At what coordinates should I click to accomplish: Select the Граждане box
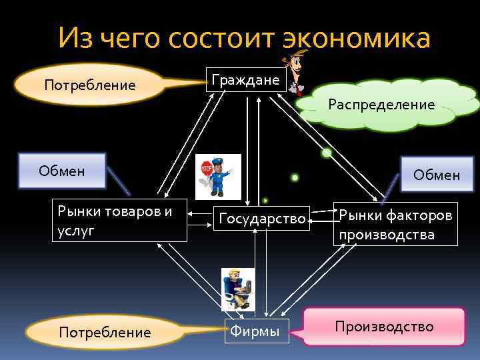(x=246, y=80)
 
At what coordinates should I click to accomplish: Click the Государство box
(x=262, y=219)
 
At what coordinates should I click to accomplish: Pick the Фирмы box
(x=255, y=330)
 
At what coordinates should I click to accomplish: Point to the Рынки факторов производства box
(x=396, y=224)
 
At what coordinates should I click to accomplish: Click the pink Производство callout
(x=384, y=327)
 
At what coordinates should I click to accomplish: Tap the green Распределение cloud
(x=381, y=104)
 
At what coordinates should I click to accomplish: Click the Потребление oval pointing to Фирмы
(x=105, y=332)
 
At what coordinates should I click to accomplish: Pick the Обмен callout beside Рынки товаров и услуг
(x=62, y=171)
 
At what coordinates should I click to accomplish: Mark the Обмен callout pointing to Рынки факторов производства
(x=436, y=175)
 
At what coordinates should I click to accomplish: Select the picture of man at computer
(x=238, y=289)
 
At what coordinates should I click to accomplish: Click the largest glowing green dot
(x=327, y=153)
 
